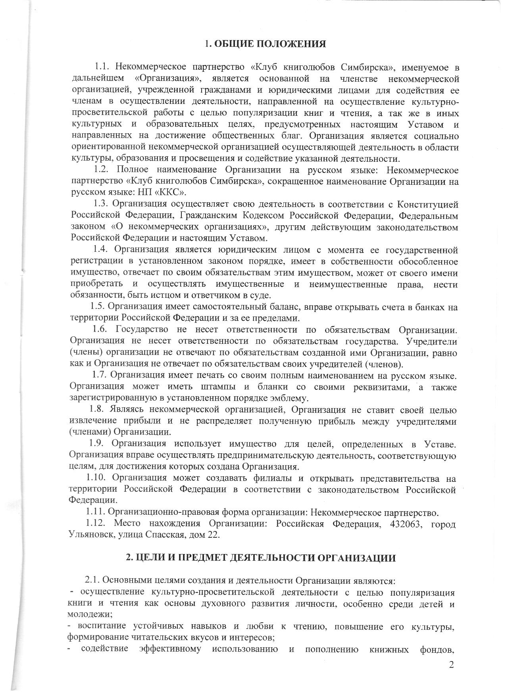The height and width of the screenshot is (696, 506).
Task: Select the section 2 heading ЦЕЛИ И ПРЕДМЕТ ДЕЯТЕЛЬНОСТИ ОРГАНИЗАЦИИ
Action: coord(261,558)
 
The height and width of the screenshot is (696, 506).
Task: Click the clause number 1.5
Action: coord(97,307)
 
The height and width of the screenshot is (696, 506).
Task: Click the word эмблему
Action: coord(288,398)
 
